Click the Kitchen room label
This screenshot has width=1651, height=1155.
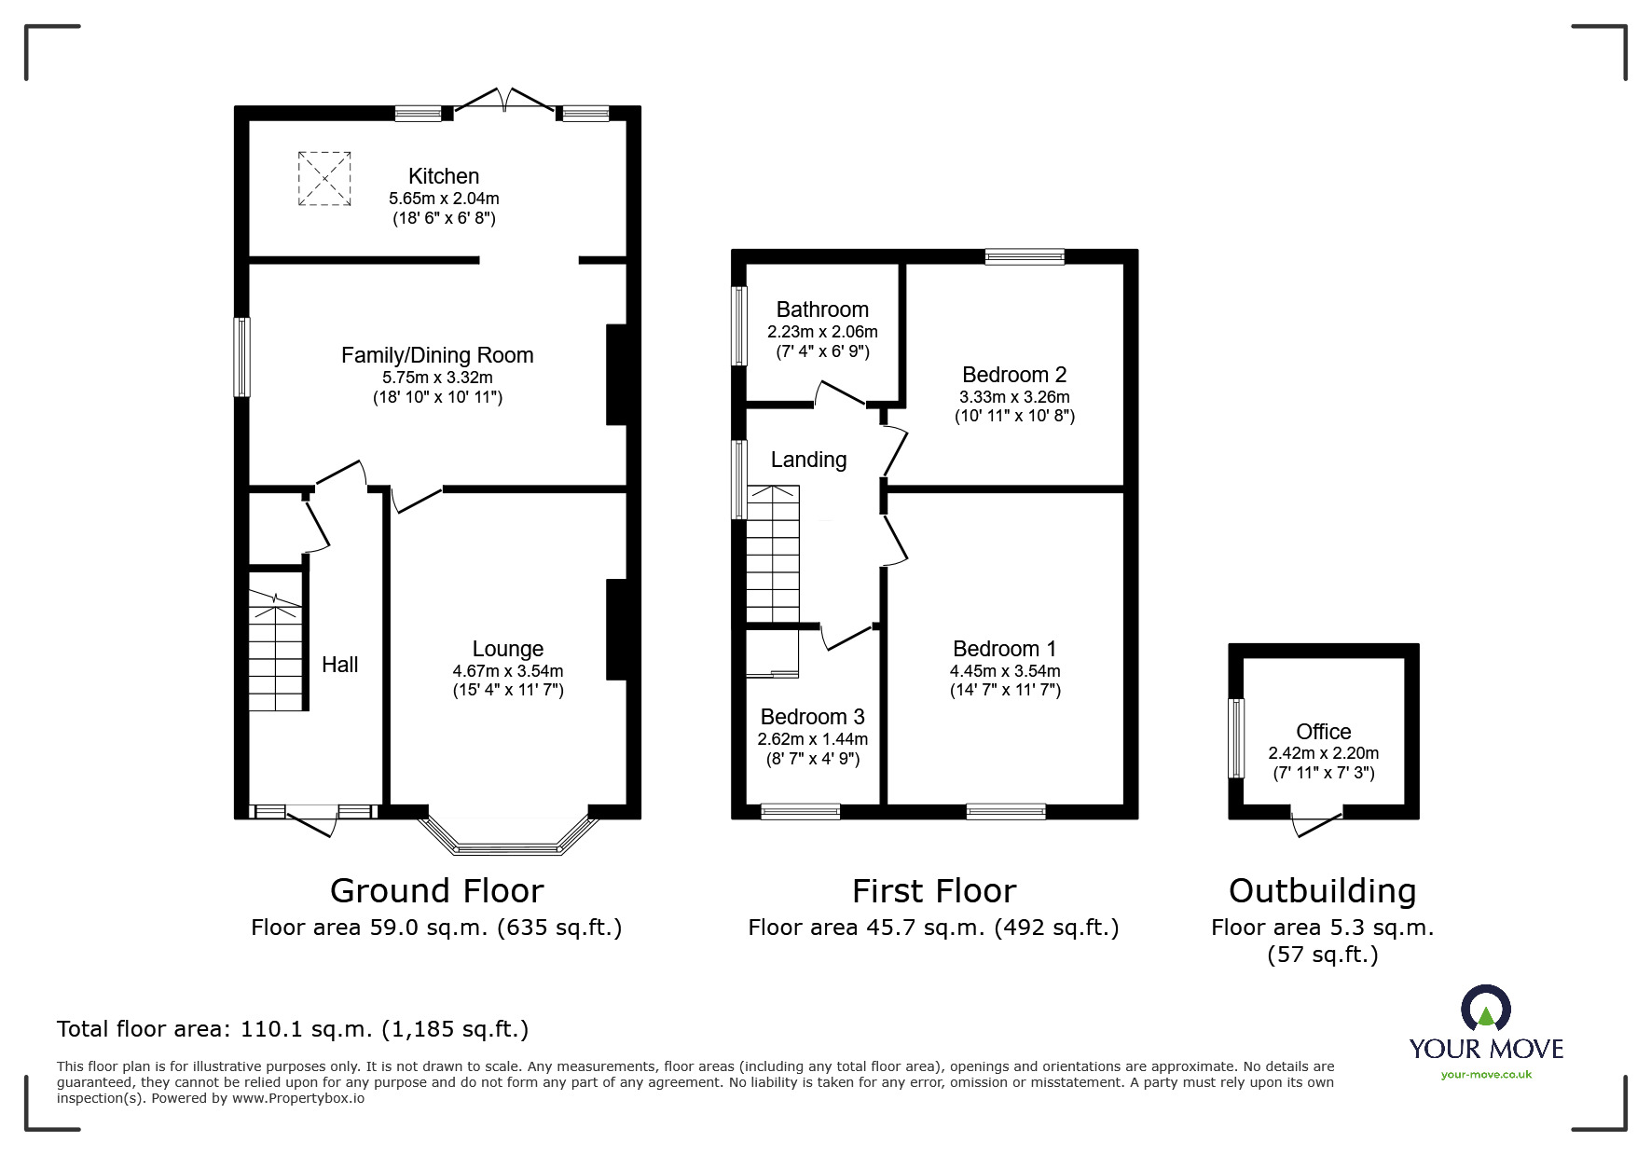(x=444, y=176)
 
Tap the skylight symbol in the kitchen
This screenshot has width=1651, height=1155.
(x=324, y=178)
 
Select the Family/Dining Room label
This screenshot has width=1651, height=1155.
(x=437, y=355)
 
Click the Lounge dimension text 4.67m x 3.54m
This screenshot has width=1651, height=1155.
(x=508, y=671)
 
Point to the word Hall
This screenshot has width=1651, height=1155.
(x=340, y=665)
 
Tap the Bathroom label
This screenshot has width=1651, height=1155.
(x=822, y=309)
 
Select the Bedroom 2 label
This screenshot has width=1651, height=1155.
(x=1014, y=375)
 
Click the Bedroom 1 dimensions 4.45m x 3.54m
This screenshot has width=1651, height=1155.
(x=1005, y=671)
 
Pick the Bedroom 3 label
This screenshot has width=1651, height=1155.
(x=813, y=717)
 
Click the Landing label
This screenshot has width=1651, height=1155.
(x=808, y=460)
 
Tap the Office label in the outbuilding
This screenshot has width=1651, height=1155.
(x=1324, y=732)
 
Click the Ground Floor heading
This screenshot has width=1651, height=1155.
(x=436, y=891)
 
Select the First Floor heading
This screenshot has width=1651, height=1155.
(x=934, y=891)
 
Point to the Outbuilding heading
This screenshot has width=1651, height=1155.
(x=1323, y=891)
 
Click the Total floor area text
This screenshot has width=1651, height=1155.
(x=293, y=1029)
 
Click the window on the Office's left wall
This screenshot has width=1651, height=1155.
(x=1236, y=738)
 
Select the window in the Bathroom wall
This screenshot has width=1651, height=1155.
(x=739, y=326)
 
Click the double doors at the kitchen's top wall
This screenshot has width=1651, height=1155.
(x=503, y=101)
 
